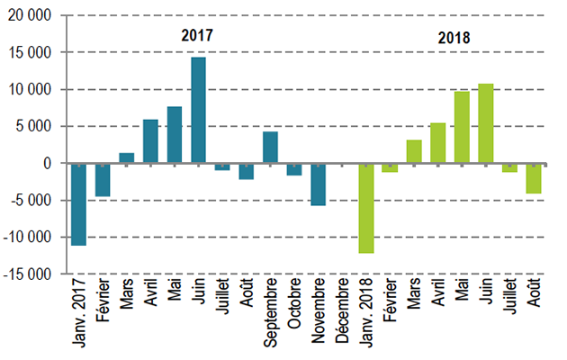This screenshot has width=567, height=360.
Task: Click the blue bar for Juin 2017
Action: pyautogui.click(x=198, y=111)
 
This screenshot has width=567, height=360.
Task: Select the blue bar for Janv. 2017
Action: pyautogui.click(x=78, y=204)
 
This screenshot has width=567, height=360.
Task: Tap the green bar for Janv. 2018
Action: pyautogui.click(x=366, y=208)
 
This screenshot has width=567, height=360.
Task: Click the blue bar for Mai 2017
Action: pyautogui.click(x=175, y=135)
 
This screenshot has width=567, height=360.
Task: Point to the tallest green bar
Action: pyautogui.click(x=486, y=123)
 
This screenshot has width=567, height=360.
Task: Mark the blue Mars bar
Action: pyautogui.click(x=127, y=158)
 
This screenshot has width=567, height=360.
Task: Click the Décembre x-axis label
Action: pyautogui.click(x=343, y=312)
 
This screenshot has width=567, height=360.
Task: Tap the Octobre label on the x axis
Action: pyautogui.click(x=294, y=309)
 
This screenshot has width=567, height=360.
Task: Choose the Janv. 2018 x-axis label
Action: pyautogui.click(x=366, y=315)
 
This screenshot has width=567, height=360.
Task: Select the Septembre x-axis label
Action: pyautogui.click(x=270, y=315)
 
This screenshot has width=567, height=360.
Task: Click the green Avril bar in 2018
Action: pyautogui.click(x=438, y=143)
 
